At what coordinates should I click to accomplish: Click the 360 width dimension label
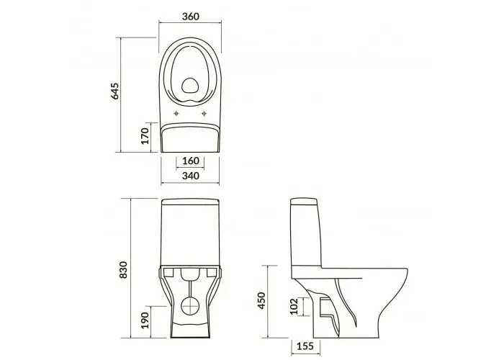point(191,17)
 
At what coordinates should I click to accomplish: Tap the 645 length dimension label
point(114,91)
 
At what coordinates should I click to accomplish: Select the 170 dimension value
point(145,136)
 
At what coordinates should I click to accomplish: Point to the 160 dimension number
point(191,161)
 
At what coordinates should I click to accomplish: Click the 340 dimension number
point(191,176)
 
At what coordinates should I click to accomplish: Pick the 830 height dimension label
point(123,270)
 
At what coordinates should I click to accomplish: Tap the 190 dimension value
point(145,320)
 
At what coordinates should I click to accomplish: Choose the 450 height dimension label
point(263,300)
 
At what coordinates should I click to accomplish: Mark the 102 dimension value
point(294,307)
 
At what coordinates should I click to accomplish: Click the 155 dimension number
point(305,346)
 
